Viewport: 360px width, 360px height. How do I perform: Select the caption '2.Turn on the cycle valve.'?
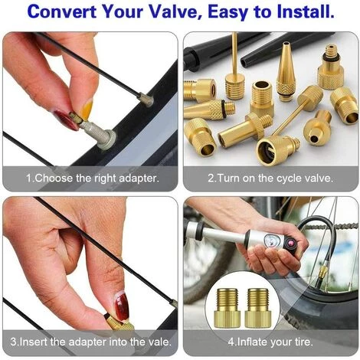click(x=270, y=178)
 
